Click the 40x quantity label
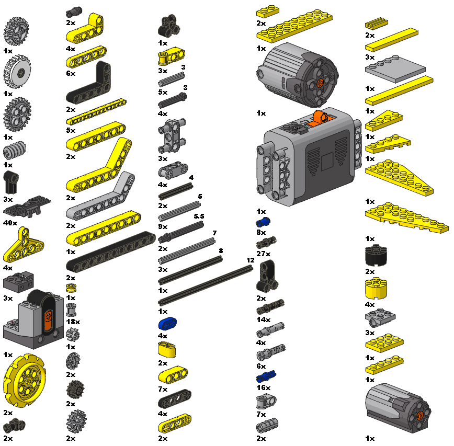click(x=10, y=223)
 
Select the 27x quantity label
click(x=264, y=254)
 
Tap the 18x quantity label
click(x=73, y=322)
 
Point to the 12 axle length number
click(x=251, y=260)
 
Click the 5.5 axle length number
click(x=199, y=216)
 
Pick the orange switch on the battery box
click(x=320, y=119)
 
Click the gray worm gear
click(x=15, y=150)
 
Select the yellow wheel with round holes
click(x=24, y=380)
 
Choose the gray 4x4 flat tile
click(x=395, y=69)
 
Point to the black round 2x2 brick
click(x=376, y=255)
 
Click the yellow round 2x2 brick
click(x=376, y=288)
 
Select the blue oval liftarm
click(x=167, y=323)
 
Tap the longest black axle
click(x=206, y=285)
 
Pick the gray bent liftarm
click(x=100, y=196)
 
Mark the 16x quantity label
click(x=264, y=388)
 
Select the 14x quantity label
click(x=264, y=320)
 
